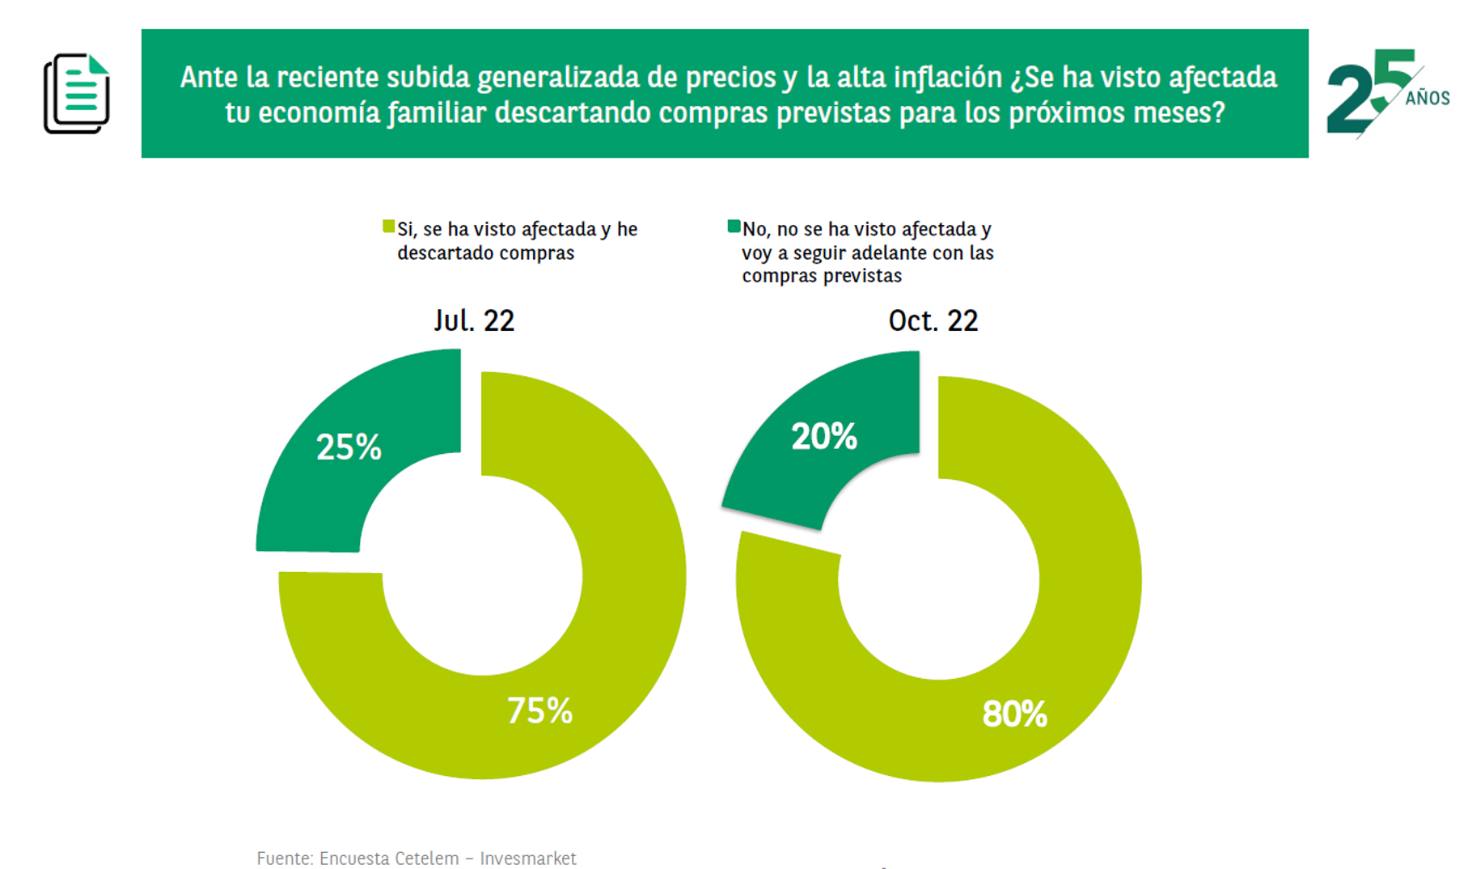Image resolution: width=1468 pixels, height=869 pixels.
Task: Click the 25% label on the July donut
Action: pyautogui.click(x=349, y=447)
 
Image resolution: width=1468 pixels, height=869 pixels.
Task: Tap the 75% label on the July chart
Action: pyautogui.click(x=539, y=711)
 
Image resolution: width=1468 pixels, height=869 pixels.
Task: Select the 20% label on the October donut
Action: pyautogui.click(x=823, y=437)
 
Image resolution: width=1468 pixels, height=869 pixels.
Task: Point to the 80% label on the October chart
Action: pyautogui.click(x=1014, y=714)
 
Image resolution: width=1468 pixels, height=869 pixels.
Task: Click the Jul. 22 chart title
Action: pyautogui.click(x=474, y=321)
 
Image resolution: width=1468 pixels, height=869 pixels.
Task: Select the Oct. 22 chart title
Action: pyautogui.click(x=933, y=321)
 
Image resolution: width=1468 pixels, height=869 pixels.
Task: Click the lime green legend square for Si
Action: pyautogui.click(x=389, y=227)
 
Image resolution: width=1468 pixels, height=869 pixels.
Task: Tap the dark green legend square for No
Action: pyautogui.click(x=734, y=227)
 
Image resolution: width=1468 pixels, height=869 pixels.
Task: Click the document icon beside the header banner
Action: pyautogui.click(x=77, y=94)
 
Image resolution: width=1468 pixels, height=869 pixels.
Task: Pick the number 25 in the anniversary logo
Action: pyautogui.click(x=1367, y=93)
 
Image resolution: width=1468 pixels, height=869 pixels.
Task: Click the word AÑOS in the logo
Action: pyautogui.click(x=1428, y=99)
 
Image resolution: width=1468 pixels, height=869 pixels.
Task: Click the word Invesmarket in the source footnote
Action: pyautogui.click(x=527, y=858)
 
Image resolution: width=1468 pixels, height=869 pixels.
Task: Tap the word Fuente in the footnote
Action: pyautogui.click(x=285, y=858)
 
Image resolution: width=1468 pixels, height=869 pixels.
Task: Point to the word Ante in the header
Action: pyautogui.click(x=209, y=78)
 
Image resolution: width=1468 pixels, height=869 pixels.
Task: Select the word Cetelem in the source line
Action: pyautogui.click(x=426, y=858)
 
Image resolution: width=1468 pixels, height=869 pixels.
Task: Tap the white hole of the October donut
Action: pyautogui.click(x=938, y=579)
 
